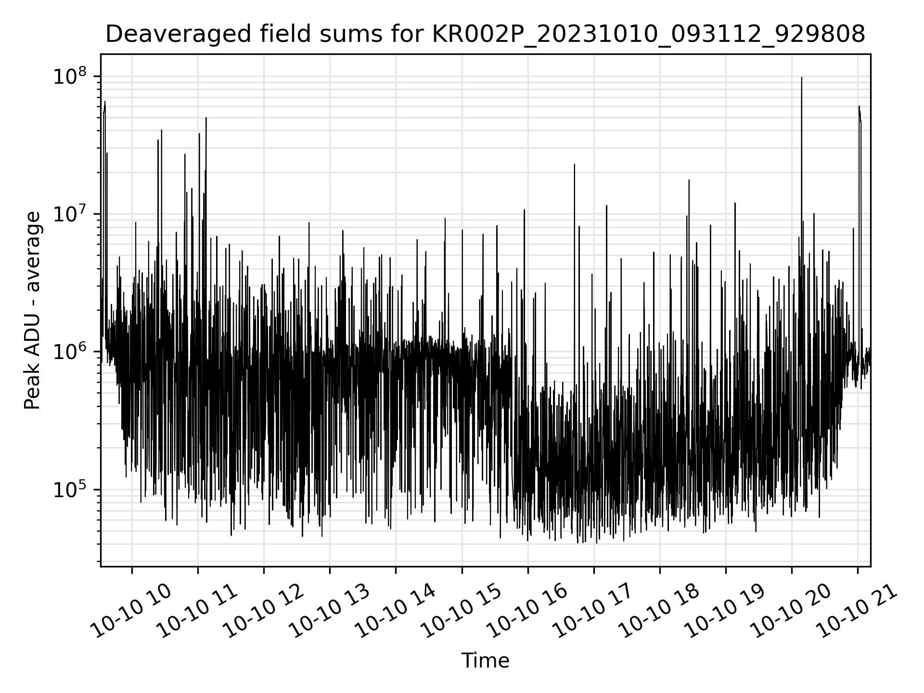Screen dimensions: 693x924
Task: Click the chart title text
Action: point(485,34)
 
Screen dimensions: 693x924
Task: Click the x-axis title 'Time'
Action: point(485,661)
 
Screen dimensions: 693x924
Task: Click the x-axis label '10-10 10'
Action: point(132,612)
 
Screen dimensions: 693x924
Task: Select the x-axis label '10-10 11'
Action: point(198,612)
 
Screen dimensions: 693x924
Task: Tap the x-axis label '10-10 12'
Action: point(264,612)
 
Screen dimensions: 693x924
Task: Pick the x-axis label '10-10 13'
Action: point(330,612)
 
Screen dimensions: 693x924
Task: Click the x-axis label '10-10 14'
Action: point(396,612)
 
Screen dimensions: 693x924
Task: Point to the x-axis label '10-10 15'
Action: point(462,612)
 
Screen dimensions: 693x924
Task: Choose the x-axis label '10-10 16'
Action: point(528,612)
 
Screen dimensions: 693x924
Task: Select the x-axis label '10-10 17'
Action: point(594,612)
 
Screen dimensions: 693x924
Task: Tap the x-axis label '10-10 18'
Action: point(660,612)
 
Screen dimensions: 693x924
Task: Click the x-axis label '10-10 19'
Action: point(726,612)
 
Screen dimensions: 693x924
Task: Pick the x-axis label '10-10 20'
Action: point(792,612)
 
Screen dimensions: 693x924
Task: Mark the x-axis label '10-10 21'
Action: point(858,612)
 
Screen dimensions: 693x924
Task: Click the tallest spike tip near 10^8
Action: point(801,77)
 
